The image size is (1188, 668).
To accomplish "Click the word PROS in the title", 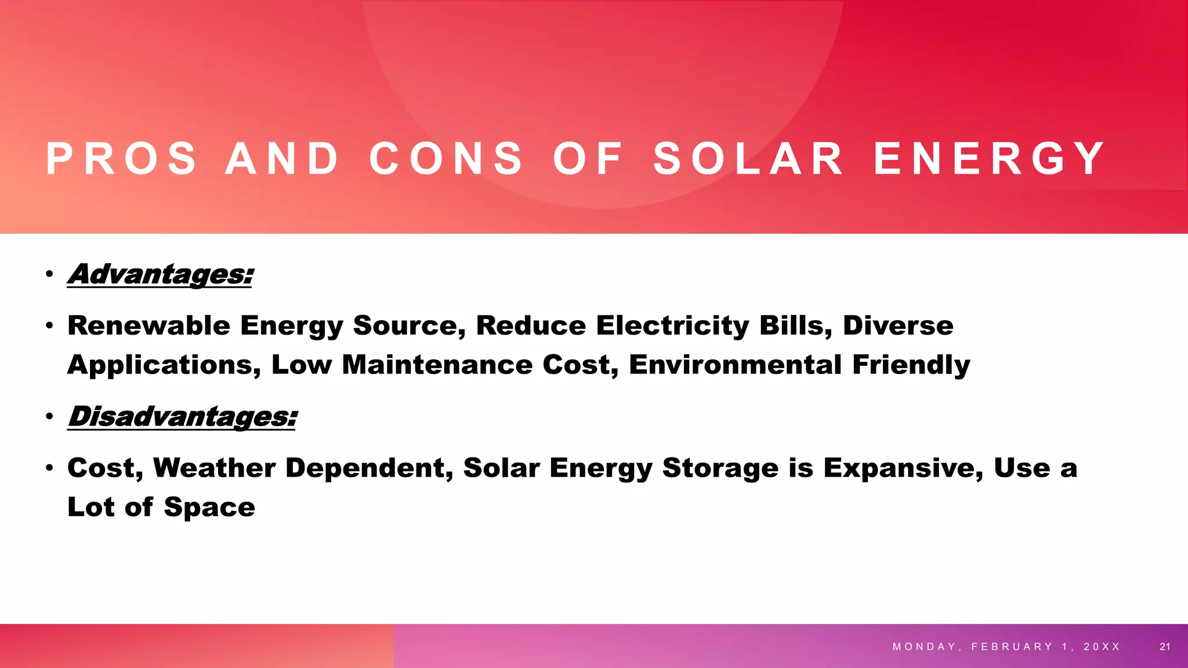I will pyautogui.click(x=121, y=158).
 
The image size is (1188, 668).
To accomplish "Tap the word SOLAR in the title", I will pyautogui.click(x=749, y=158).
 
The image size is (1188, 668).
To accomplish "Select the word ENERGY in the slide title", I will pyautogui.click(x=990, y=158).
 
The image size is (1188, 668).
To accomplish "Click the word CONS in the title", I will pyautogui.click(x=446, y=158).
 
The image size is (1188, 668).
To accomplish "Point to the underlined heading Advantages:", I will pyautogui.click(x=161, y=274).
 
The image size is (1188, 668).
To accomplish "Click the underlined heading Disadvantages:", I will pyautogui.click(x=182, y=416).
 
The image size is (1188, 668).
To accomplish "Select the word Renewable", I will pyautogui.click(x=148, y=325).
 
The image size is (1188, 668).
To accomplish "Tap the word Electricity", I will pyautogui.click(x=672, y=325).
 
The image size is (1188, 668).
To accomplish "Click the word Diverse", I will pyautogui.click(x=897, y=325).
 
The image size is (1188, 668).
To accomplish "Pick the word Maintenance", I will pyautogui.click(x=437, y=365).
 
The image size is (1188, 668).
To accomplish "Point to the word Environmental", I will pyautogui.click(x=735, y=365).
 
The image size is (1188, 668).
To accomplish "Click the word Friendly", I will pyautogui.click(x=911, y=365).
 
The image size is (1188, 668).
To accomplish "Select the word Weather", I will pyautogui.click(x=214, y=468).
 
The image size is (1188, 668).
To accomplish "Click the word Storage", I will pyautogui.click(x=720, y=468).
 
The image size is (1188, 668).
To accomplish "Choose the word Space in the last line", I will pyautogui.click(x=209, y=507).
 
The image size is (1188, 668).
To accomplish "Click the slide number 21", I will pyautogui.click(x=1165, y=647).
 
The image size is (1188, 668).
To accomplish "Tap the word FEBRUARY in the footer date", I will pyautogui.click(x=1012, y=647).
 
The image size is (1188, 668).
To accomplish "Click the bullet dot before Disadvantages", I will pyautogui.click(x=50, y=416).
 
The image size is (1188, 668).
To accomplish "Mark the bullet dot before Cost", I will pyautogui.click(x=50, y=468).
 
